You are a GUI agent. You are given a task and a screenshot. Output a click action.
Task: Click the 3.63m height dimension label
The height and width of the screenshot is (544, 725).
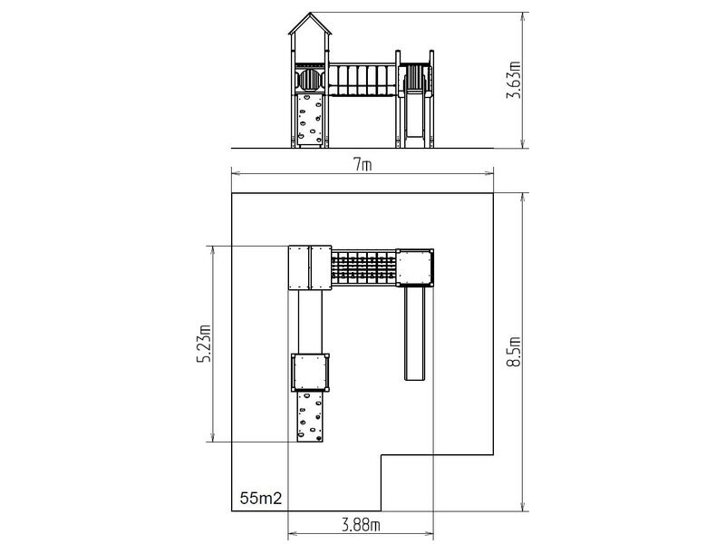coord(514,80)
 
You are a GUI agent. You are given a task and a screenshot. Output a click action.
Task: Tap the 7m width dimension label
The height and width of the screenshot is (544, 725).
coord(363,165)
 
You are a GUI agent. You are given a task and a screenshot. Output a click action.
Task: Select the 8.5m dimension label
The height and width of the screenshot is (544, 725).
coord(514,352)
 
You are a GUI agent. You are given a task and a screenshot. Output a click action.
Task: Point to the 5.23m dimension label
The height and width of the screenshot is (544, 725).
coord(203,344)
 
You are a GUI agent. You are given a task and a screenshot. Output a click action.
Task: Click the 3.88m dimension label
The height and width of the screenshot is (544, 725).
coord(362,525)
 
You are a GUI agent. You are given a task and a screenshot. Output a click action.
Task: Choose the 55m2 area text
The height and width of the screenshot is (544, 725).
coord(261,498)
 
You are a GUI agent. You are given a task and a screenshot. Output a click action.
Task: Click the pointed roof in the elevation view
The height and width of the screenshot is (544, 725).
coord(310,24)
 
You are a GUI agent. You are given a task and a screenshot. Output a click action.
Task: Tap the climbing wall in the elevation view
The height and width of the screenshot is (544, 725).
coord(310,120)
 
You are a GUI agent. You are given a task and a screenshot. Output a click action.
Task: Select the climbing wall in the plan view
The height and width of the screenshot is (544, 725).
coord(310,416)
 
